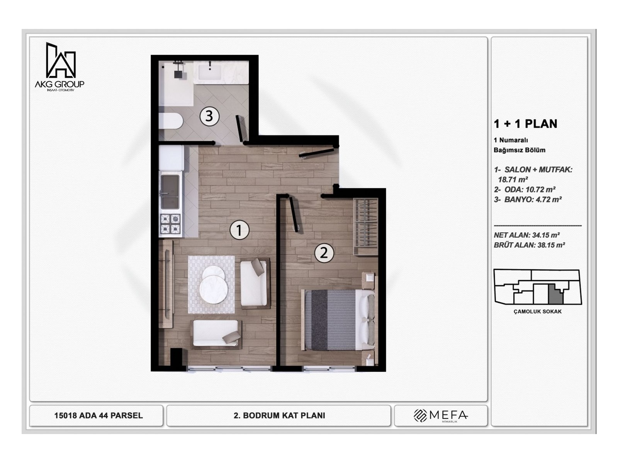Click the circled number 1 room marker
(239, 230)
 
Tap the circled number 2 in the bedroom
(324, 253)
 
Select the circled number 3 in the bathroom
(209, 115)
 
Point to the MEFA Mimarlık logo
(441, 416)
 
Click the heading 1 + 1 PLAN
(525, 124)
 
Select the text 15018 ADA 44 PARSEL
(98, 416)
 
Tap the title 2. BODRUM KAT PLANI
(279, 416)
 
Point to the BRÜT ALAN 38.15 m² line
(529, 245)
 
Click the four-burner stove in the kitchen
(170, 224)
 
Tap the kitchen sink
(170, 192)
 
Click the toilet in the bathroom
(170, 121)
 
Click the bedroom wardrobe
(365, 226)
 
